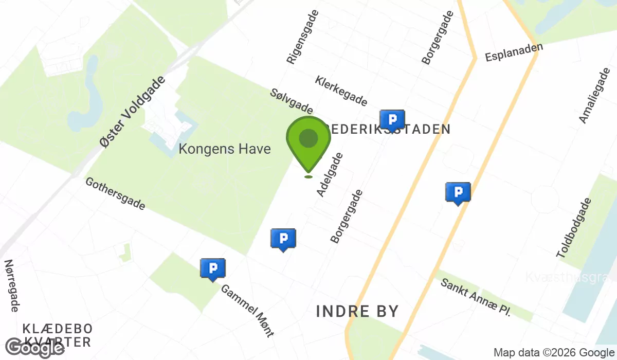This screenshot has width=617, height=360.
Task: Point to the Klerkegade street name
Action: pyautogui.click(x=341, y=91)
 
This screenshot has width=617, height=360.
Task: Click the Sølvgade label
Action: pyautogui.click(x=292, y=101)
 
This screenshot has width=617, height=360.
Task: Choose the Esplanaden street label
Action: pyautogui.click(x=514, y=52)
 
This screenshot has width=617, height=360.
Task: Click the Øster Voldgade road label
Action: pyautogui.click(x=133, y=112)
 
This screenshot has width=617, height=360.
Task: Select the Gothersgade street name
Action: pyautogui.click(x=116, y=193)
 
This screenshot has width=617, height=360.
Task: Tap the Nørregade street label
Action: pyautogui.click(x=12, y=285)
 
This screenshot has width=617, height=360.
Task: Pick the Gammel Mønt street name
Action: pyautogui.click(x=247, y=310)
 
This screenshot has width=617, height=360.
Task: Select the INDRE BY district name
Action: pyautogui.click(x=357, y=311)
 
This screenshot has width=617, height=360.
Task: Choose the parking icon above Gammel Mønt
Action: pyautogui.click(x=213, y=269)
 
